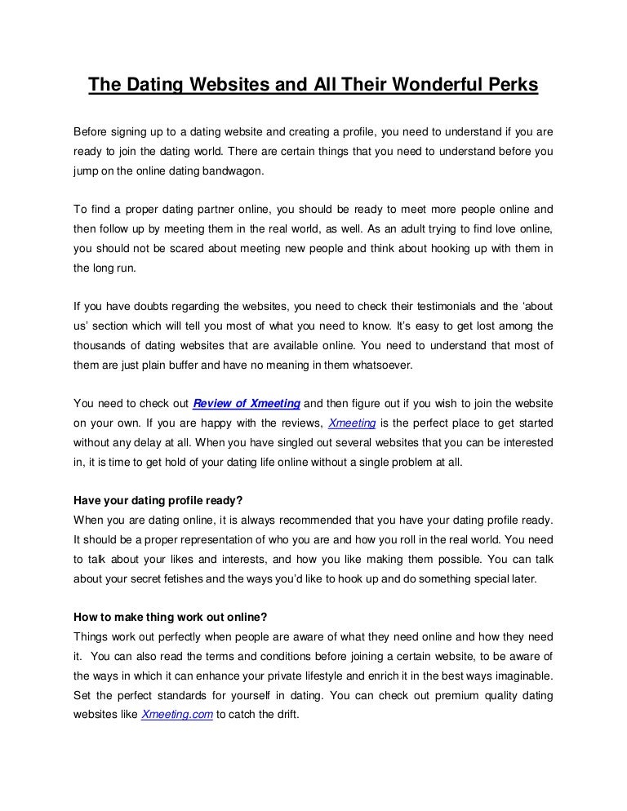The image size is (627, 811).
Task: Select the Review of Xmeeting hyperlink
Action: coord(247,402)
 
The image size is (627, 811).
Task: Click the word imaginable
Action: coord(522,677)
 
